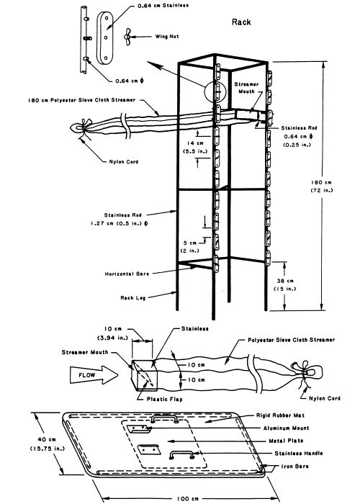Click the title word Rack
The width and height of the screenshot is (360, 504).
(x=240, y=22)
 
